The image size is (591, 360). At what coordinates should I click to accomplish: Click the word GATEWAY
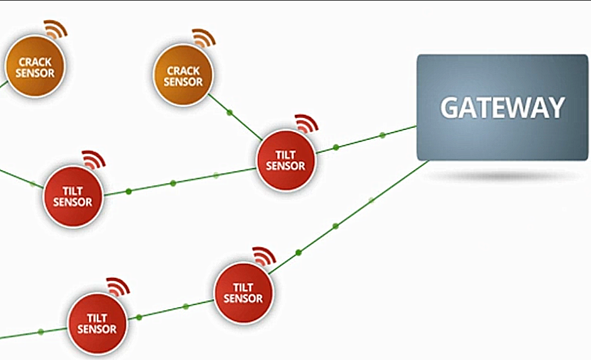502,108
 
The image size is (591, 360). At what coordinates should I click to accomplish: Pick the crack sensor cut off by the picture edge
35,67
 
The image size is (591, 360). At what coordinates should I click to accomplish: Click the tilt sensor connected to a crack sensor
285,161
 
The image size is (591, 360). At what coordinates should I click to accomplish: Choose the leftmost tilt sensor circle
72,197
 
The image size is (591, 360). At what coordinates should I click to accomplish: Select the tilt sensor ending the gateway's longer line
243,293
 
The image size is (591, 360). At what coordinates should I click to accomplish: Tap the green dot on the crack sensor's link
230,112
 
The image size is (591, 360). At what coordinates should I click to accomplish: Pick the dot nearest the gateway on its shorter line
382,135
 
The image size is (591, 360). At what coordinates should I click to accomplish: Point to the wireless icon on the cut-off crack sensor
56,29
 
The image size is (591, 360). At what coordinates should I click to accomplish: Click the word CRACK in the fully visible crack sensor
183,71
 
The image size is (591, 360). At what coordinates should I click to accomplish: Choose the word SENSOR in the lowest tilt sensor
97,329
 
